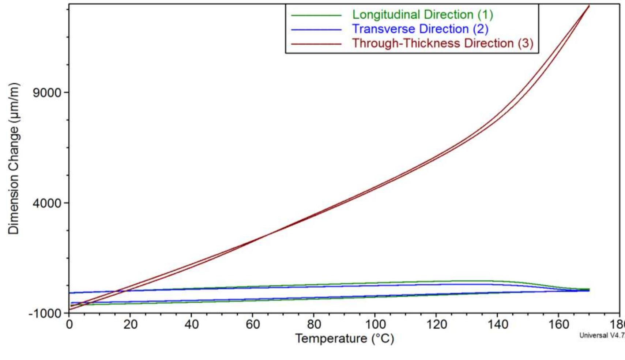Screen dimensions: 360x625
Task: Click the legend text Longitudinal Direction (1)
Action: [x=422, y=15]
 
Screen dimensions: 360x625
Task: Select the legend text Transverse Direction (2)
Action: [x=420, y=29]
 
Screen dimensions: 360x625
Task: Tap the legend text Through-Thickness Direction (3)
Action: [x=443, y=43]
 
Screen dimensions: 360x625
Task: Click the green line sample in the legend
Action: [x=316, y=15]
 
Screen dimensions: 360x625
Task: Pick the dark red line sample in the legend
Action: [x=316, y=44]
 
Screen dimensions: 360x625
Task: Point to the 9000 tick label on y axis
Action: [x=47, y=92]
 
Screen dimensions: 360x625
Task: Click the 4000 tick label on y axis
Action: [x=47, y=203]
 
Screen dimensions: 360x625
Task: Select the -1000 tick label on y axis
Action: [x=45, y=314]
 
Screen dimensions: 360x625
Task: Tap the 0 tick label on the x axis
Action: [x=69, y=324]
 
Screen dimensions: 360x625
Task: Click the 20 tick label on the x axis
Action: [x=130, y=324]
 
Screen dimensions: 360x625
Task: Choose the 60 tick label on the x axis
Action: [x=252, y=324]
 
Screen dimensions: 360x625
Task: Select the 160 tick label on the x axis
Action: [x=558, y=324]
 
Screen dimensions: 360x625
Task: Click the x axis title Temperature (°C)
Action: [x=344, y=338]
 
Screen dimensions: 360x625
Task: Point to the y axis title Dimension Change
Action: [x=14, y=159]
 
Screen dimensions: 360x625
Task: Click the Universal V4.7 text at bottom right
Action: [x=602, y=335]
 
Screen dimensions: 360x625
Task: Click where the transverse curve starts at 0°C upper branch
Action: [x=70, y=293]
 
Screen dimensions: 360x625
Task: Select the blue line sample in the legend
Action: [x=316, y=30]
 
